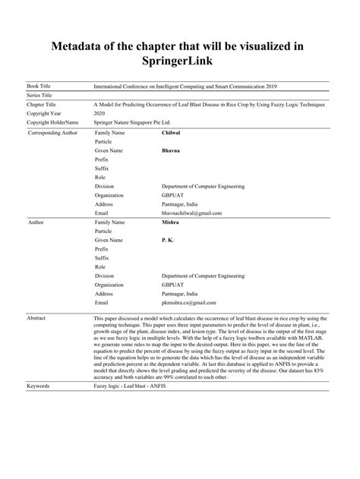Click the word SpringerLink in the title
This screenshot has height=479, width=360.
pyautogui.click(x=179, y=59)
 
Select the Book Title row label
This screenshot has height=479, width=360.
pyautogui.click(x=40, y=87)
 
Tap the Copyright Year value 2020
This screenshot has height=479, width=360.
pyautogui.click(x=98, y=112)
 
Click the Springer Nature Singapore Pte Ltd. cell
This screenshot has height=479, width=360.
pyautogui.click(x=134, y=121)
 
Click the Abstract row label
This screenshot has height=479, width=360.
pyautogui.click(x=37, y=318)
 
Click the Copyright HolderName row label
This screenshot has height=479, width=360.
pyautogui.click(x=52, y=121)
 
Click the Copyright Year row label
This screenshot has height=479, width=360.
pyautogui.click(x=45, y=112)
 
